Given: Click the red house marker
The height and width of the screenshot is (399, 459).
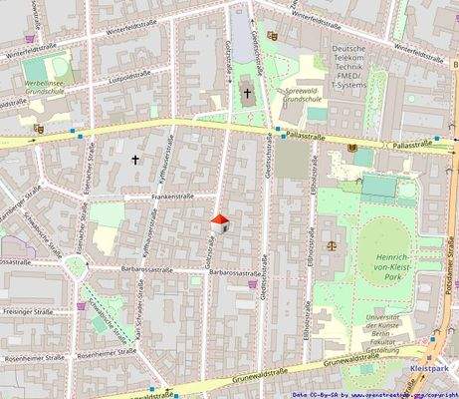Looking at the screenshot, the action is click(x=220, y=223).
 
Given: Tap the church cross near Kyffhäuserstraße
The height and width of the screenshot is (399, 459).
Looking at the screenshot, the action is click(x=136, y=159).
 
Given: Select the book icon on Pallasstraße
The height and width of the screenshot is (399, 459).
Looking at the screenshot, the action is click(x=351, y=149).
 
